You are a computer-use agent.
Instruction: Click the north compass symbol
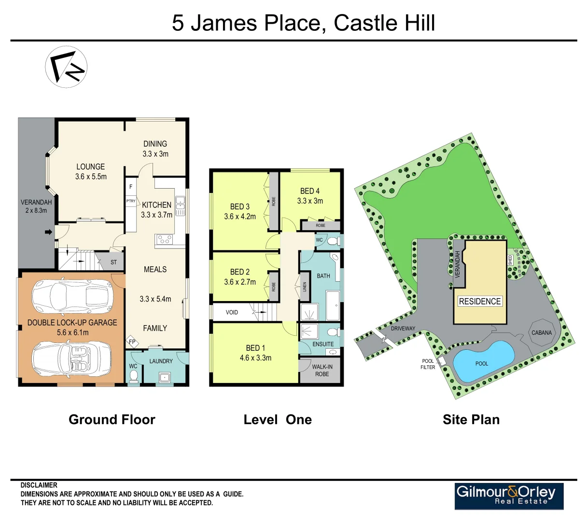[66, 67]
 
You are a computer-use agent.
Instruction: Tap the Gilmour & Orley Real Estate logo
[509, 495]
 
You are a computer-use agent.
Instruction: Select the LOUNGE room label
[90, 167]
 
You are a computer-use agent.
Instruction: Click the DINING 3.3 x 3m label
[155, 149]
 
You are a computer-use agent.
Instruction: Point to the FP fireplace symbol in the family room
[132, 342]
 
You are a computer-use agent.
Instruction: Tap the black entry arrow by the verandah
[48, 233]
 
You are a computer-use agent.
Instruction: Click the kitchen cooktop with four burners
[164, 239]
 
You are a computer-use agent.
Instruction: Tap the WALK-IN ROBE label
[322, 370]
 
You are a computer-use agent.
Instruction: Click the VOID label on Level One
[232, 312]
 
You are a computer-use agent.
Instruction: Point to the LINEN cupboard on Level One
[305, 287]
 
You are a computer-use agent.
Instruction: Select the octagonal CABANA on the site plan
[541, 332]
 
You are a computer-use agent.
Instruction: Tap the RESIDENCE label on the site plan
[479, 302]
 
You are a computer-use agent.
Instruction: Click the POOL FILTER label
[428, 364]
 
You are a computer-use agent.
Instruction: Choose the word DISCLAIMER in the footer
[39, 485]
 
